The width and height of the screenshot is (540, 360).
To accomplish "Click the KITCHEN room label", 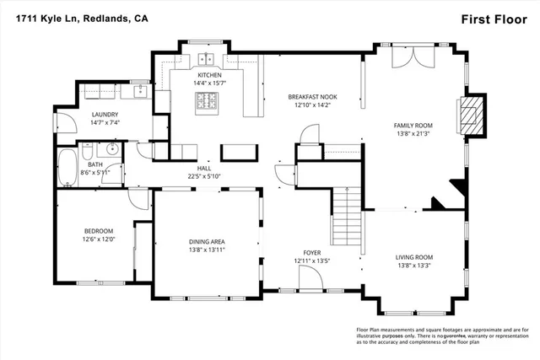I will tap(209, 75).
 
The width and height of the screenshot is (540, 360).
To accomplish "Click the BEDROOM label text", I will tap(98, 230).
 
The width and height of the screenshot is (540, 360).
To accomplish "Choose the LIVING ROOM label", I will tap(413, 257).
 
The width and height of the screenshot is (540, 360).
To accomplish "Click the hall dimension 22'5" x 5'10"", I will tap(203, 176).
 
